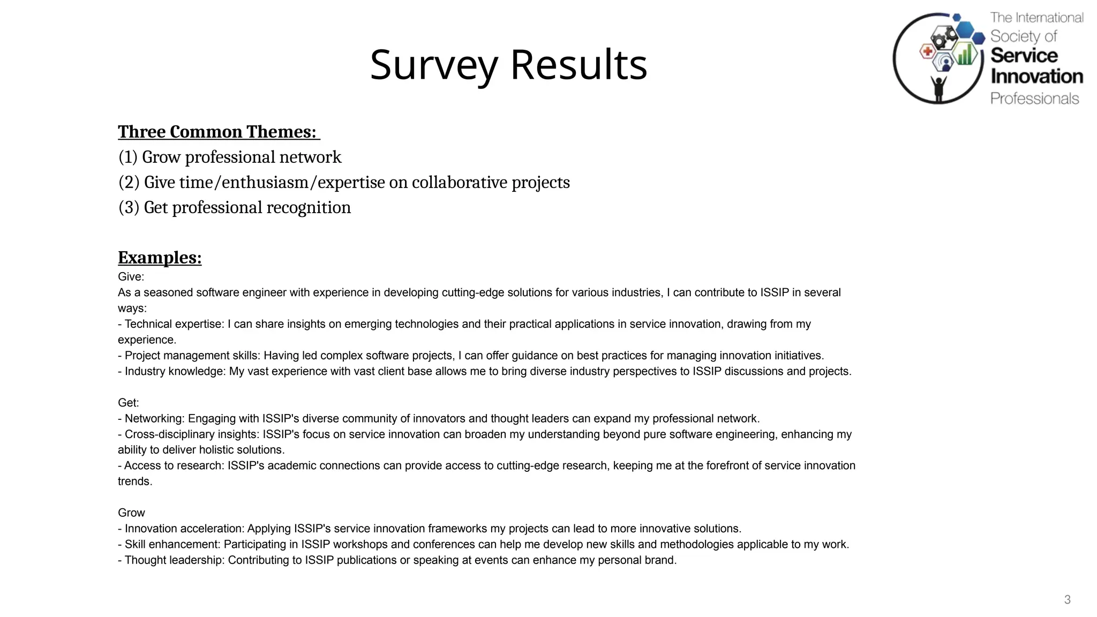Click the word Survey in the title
coord(434,65)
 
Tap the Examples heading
coord(160,258)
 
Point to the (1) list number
coord(128,157)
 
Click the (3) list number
coord(129,208)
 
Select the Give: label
coord(131,277)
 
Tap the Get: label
coord(128,403)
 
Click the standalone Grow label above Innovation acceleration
coord(131,513)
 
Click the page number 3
coord(1067,600)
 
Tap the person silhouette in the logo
coord(938,88)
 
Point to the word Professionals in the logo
coord(1034,99)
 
